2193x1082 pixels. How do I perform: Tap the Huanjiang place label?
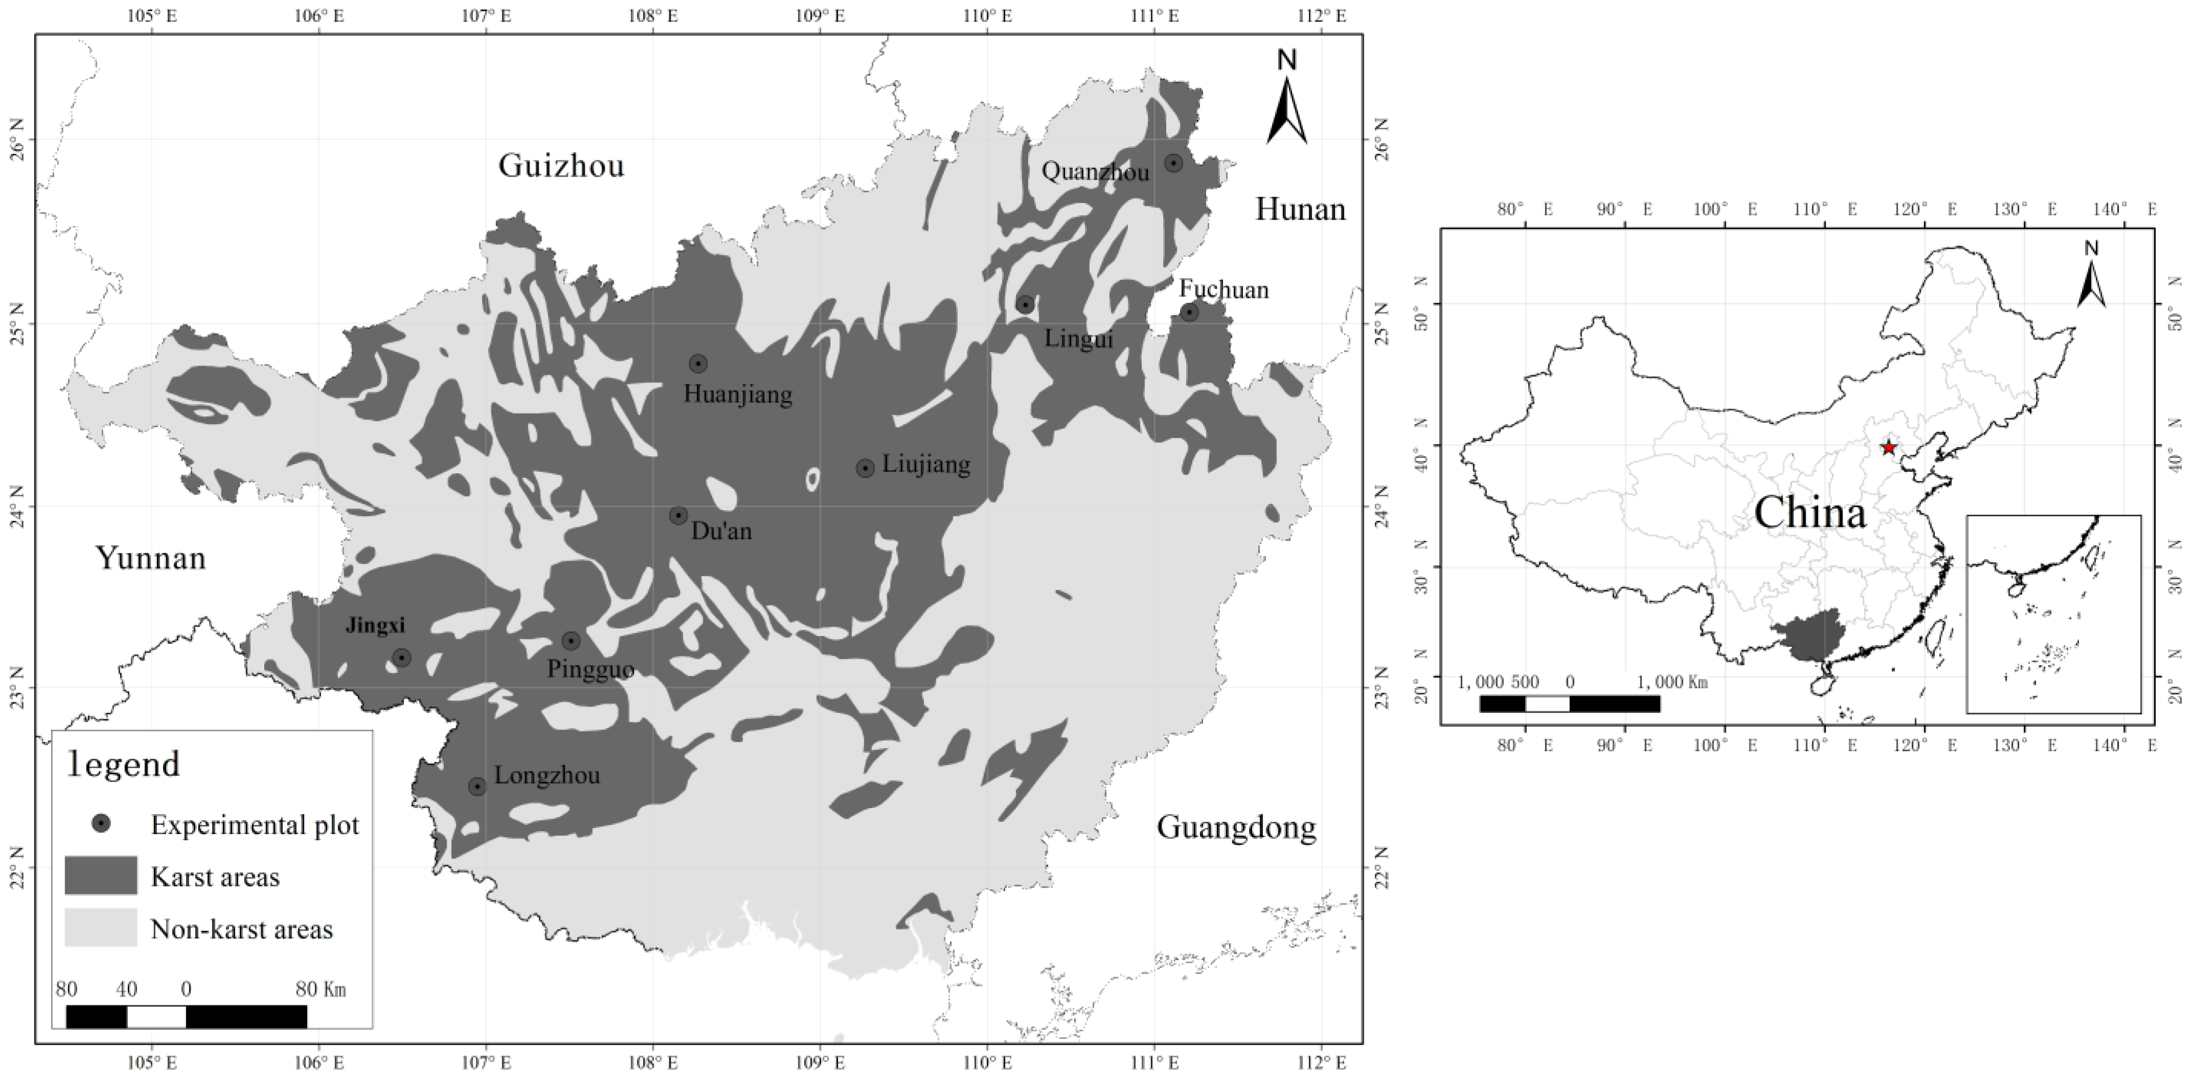point(737,394)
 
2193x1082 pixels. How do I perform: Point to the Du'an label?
point(721,531)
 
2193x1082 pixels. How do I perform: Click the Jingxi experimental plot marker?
point(401,657)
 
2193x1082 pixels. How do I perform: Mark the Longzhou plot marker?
point(477,786)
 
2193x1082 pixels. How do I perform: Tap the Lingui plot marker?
point(1025,305)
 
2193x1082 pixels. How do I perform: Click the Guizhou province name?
point(561,165)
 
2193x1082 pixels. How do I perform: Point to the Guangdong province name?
point(1236,826)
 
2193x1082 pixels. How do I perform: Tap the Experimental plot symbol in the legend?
point(101,823)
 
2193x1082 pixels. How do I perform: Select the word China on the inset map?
point(1810,513)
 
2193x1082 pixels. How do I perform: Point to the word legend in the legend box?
point(124,764)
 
